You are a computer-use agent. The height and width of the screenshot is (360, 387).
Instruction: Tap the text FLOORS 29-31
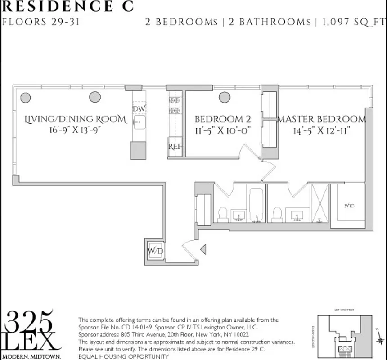pyautogui.click(x=41, y=22)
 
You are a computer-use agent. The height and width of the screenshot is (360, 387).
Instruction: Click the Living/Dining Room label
pyautogui.click(x=76, y=119)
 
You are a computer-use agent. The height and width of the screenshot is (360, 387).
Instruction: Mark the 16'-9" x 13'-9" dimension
pyautogui.click(x=76, y=130)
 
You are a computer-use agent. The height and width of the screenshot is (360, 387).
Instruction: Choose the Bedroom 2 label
pyautogui.click(x=222, y=119)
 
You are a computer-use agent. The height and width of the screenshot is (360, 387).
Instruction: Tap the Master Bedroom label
pyautogui.click(x=322, y=119)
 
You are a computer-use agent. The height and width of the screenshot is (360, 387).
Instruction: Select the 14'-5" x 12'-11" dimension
pyautogui.click(x=322, y=130)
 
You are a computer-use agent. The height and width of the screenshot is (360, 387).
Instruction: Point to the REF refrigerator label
pyautogui.click(x=175, y=147)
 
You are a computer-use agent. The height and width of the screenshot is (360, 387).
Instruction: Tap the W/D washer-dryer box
pyautogui.click(x=156, y=251)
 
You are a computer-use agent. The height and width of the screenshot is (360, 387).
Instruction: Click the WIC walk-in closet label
pyautogui.click(x=349, y=206)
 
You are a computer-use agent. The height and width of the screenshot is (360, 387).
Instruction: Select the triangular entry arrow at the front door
pyautogui.click(x=203, y=249)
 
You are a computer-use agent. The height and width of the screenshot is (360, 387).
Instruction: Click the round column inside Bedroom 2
pyautogui.click(x=225, y=97)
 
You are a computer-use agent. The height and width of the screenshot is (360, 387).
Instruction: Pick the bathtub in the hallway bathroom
pyautogui.click(x=256, y=204)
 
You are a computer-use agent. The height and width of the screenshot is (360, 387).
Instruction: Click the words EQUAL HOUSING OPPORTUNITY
pyautogui.click(x=124, y=356)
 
